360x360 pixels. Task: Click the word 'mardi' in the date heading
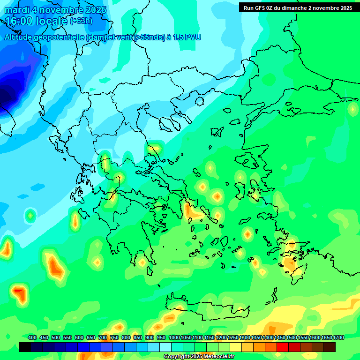(18, 10)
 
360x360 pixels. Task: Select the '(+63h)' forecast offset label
(81, 21)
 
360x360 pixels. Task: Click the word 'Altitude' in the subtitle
(22, 37)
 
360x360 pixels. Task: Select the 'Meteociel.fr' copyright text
(216, 357)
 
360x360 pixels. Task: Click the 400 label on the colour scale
(32, 337)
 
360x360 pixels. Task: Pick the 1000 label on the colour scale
(174, 337)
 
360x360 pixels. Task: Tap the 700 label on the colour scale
(103, 337)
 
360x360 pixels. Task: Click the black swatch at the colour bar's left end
(25, 347)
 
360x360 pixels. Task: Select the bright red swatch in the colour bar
(283, 347)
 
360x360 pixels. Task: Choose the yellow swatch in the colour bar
(236, 347)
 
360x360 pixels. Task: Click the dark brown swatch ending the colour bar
(330, 347)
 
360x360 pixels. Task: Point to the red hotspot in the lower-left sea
(19, 293)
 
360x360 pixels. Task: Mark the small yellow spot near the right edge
(352, 109)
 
